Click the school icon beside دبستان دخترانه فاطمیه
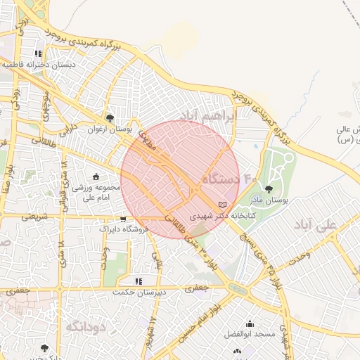point(38,53)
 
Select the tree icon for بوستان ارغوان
point(110,118)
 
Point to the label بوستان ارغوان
point(110,129)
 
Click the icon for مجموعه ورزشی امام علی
point(96,176)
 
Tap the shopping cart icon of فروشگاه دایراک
point(124,219)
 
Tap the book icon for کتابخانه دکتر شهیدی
point(223,204)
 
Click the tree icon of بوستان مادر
point(269,188)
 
